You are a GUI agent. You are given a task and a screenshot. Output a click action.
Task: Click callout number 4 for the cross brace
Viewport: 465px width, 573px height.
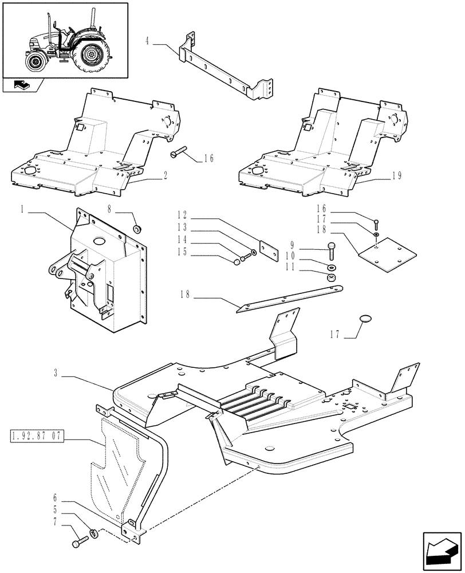point(148,42)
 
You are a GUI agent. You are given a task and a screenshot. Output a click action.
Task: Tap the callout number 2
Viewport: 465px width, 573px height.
point(165,177)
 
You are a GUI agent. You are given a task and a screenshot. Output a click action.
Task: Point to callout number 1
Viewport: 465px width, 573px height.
point(22,211)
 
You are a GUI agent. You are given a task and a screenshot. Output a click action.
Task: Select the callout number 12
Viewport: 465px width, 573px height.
point(183,215)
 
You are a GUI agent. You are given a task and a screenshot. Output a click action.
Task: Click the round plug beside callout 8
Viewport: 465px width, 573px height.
point(137,230)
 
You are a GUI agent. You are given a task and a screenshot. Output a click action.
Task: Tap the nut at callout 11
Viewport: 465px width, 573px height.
point(332,278)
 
